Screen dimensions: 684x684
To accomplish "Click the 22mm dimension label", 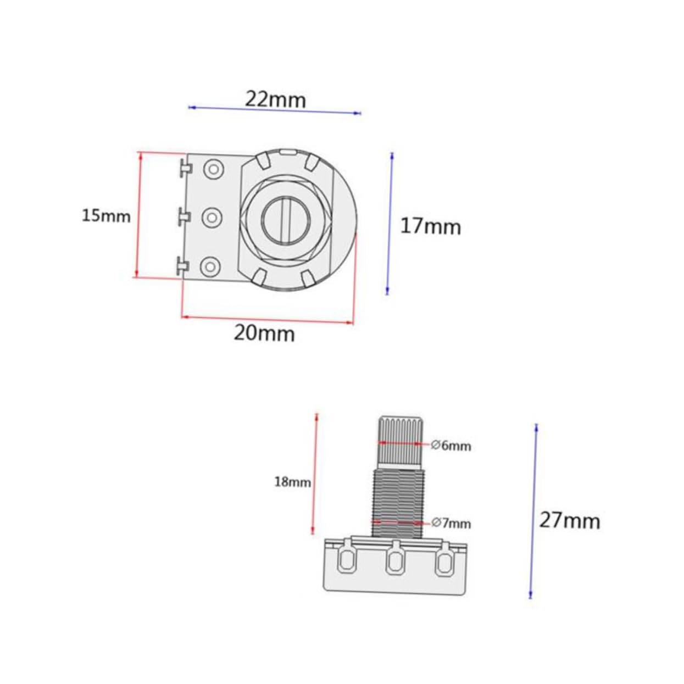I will (275, 99).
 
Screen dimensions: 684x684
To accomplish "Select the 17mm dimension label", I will (430, 226).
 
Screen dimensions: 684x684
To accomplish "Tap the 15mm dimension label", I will (106, 215).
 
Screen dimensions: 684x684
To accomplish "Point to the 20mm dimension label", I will (264, 333).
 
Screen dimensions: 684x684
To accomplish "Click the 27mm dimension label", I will (569, 520).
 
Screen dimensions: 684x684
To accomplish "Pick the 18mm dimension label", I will (292, 482).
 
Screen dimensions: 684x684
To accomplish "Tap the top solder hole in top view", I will (213, 169).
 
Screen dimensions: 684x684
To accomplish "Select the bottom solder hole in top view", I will (209, 267).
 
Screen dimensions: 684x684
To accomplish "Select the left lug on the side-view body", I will (347, 560).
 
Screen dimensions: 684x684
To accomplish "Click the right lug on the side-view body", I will (444, 561).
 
